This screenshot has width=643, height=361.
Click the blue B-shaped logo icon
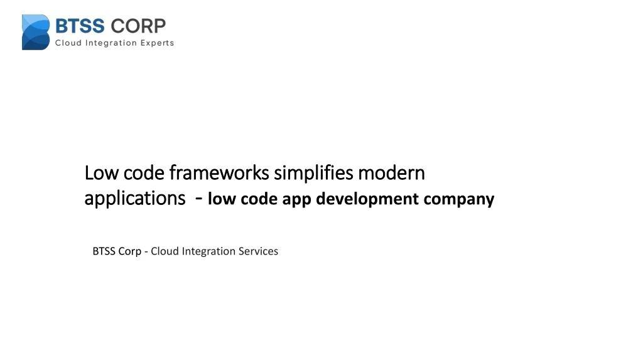[x=35, y=32]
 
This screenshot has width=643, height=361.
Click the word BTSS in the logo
[x=80, y=26]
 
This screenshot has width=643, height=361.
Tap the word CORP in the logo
[x=138, y=26]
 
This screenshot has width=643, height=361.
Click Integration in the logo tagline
[x=112, y=43]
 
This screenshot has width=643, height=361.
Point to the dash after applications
[x=198, y=199]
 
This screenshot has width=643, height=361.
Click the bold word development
[x=367, y=199]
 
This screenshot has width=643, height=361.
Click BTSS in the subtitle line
[x=105, y=251]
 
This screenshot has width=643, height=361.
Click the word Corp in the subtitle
[x=131, y=251]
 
